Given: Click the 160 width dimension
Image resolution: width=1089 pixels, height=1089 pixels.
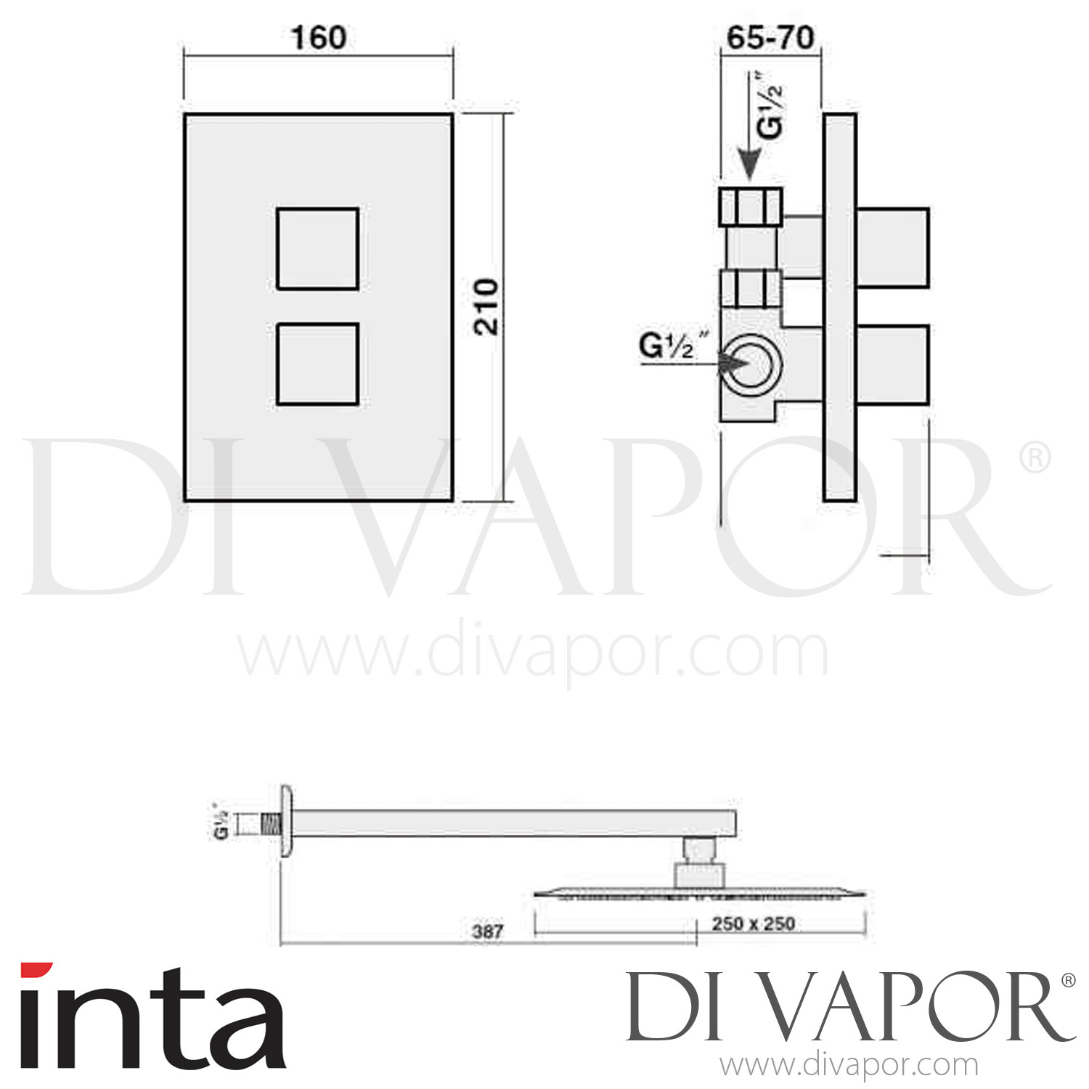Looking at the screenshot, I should tap(318, 38).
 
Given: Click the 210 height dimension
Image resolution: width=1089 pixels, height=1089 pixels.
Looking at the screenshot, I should tap(487, 306).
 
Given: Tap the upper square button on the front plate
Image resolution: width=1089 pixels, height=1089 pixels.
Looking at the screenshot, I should tap(317, 248).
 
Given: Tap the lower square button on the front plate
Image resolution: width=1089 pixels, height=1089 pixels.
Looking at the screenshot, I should tap(317, 364).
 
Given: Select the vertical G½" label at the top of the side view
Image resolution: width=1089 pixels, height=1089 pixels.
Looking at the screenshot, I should tap(771, 105).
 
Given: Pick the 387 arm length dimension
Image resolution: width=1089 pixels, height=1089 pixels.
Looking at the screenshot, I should tap(487, 931).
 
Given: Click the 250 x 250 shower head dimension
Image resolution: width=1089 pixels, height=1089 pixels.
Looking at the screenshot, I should tap(753, 923).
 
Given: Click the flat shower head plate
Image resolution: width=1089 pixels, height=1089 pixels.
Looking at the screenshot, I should tap(701, 893).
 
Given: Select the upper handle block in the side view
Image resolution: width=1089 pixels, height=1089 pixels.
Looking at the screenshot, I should tap(892, 248).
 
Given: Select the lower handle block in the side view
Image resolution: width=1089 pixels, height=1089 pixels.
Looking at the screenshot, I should tap(892, 364).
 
